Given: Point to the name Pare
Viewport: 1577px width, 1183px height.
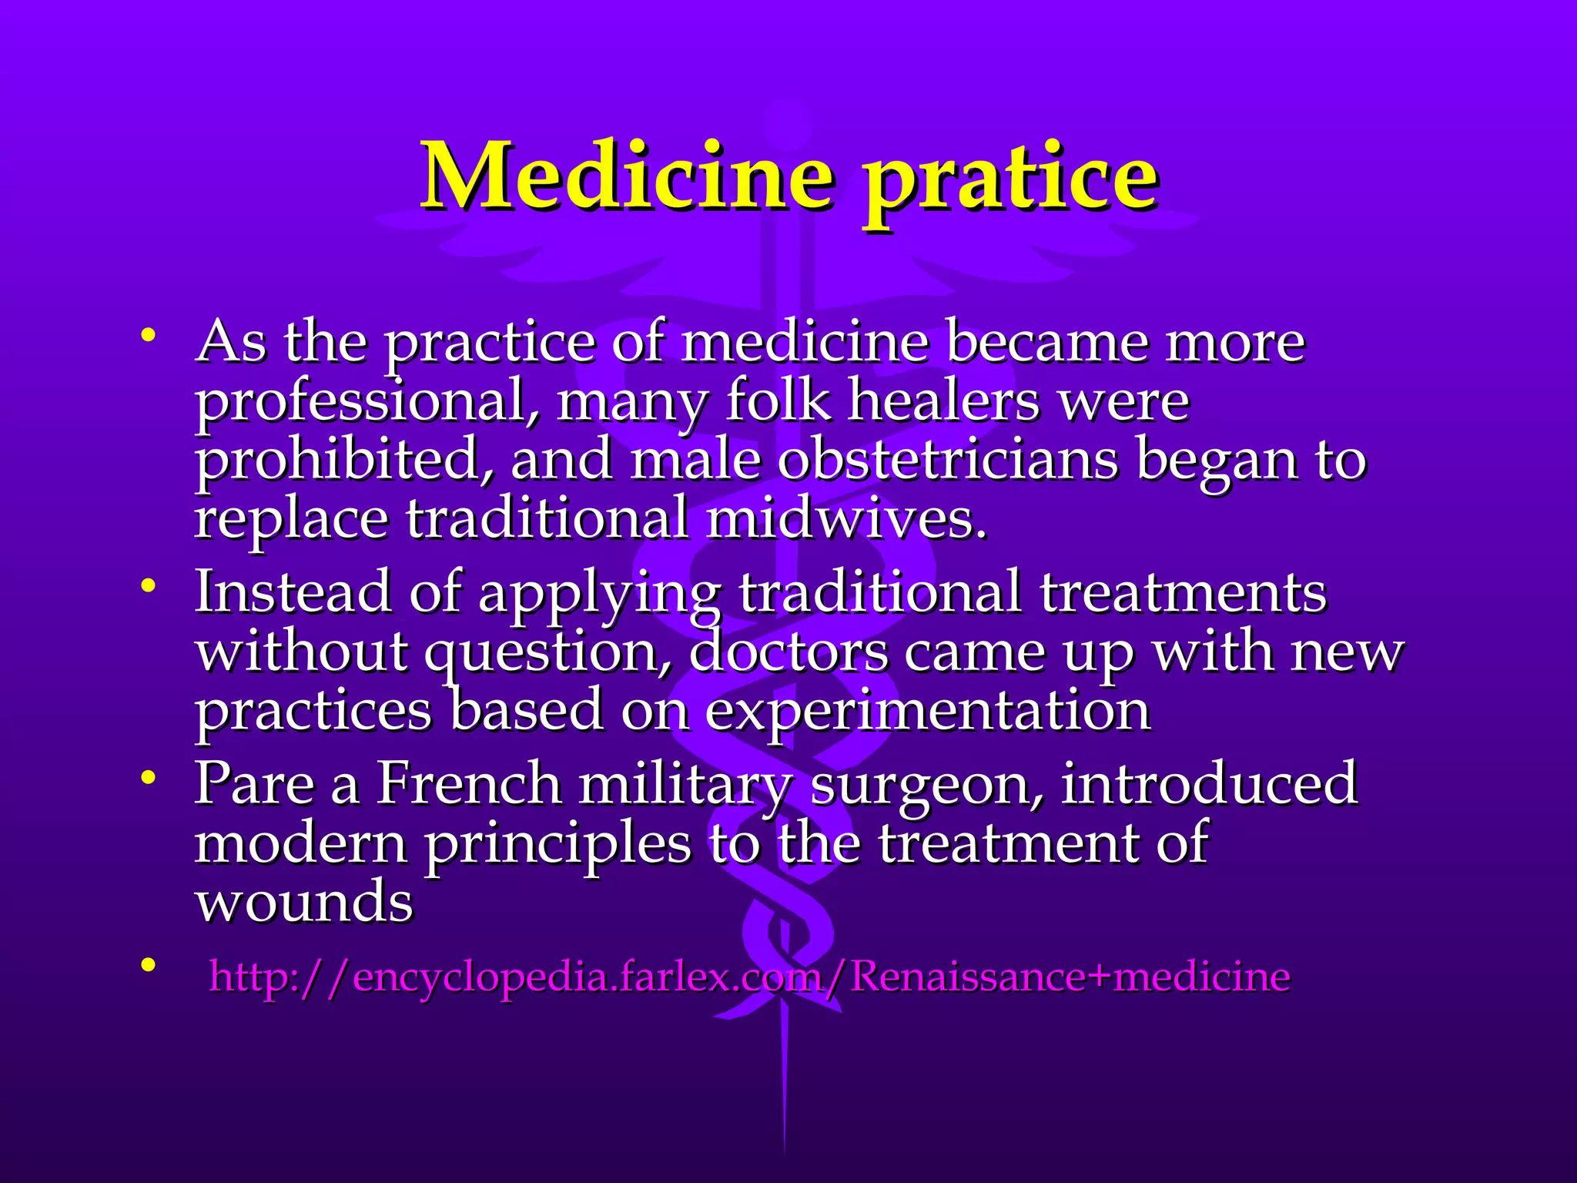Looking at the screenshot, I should (x=254, y=783).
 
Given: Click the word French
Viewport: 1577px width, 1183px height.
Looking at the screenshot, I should (x=468, y=783).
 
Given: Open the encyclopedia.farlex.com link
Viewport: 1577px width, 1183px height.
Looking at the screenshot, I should (x=748, y=977).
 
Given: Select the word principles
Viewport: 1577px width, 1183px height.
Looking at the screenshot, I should (x=557, y=844).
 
